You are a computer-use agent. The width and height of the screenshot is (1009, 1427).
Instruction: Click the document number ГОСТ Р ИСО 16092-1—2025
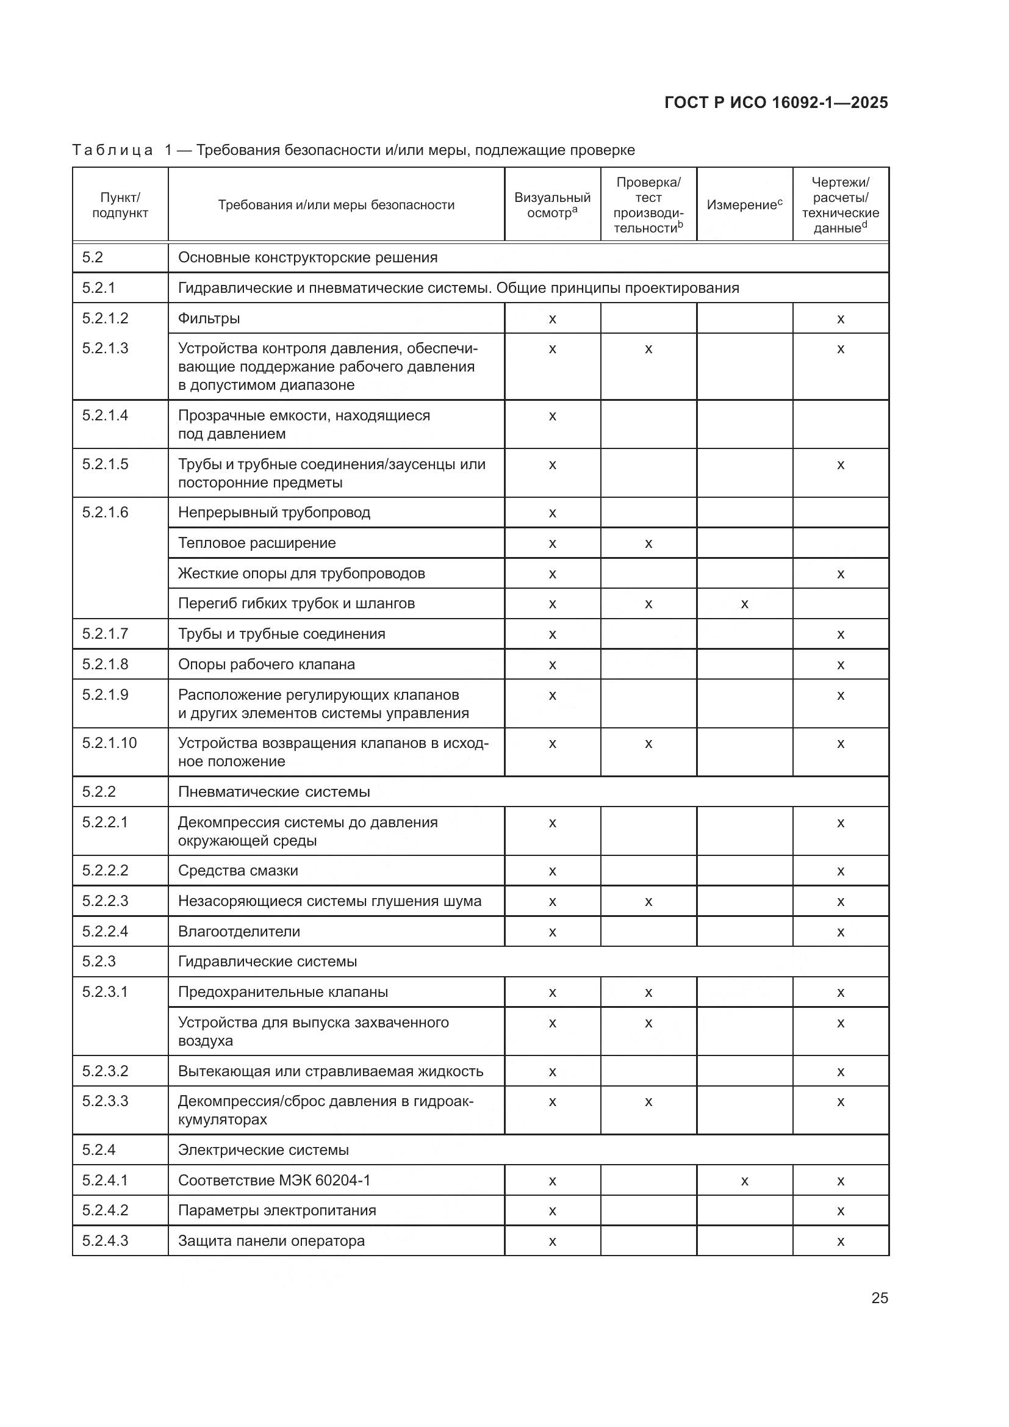[x=776, y=102]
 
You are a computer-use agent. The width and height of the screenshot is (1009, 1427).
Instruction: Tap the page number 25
[x=879, y=1298]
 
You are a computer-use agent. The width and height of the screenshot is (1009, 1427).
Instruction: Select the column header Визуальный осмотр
[x=551, y=205]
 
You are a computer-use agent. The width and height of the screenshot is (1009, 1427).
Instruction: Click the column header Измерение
[x=744, y=205]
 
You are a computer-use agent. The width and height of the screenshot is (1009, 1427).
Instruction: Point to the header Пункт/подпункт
[x=120, y=205]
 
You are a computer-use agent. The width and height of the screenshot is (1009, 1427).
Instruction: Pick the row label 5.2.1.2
[x=105, y=318]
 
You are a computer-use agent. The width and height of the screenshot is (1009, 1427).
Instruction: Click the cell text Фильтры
[x=209, y=319]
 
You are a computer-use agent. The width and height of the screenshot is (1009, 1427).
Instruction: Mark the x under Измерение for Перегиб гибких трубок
[x=744, y=604]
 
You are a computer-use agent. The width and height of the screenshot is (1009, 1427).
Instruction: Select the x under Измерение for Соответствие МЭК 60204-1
[x=744, y=1181]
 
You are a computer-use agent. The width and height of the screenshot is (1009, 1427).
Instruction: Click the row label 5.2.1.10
[x=109, y=742]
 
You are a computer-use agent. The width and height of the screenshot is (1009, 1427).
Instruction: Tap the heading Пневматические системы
[x=273, y=792]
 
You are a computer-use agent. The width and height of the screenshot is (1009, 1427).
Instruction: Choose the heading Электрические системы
[x=264, y=1150]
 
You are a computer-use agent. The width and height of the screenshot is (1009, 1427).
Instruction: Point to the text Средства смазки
[x=238, y=871]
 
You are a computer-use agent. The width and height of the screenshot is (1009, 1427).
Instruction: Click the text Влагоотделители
[x=239, y=932]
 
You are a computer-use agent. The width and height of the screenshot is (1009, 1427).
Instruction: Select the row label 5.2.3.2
[x=105, y=1071]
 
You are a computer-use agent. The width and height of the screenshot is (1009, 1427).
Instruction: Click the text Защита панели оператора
[x=271, y=1241]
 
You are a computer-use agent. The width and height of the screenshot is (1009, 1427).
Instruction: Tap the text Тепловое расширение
[x=257, y=543]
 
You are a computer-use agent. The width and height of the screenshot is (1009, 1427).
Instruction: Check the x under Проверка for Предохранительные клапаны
[x=648, y=993]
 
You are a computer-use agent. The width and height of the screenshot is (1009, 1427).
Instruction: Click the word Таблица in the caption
[x=112, y=151]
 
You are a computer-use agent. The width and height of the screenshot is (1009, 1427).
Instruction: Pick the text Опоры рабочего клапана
[x=267, y=664]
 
